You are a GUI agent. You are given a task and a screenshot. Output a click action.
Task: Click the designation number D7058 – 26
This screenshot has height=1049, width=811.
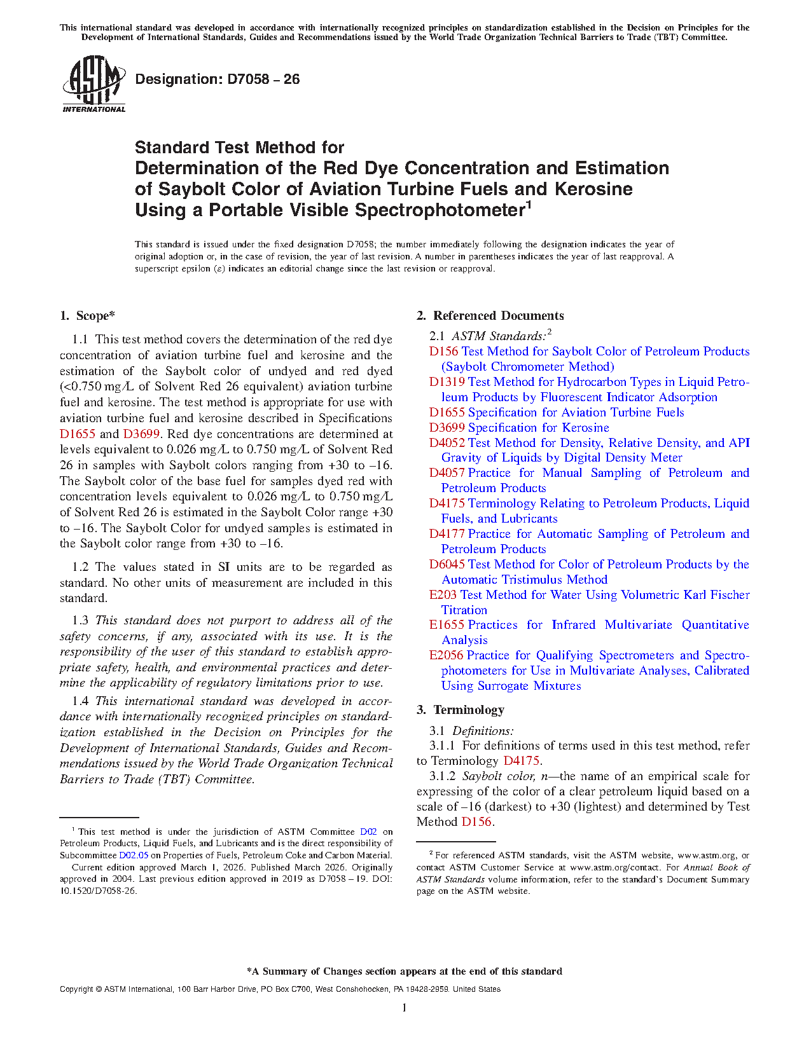[x=217, y=79]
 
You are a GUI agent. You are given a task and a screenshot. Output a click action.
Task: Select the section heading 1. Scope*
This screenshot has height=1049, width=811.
[x=88, y=316]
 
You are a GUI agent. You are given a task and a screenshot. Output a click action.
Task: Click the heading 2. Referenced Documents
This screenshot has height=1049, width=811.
[x=490, y=316]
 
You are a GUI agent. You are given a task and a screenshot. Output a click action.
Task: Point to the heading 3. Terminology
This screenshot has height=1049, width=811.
[x=461, y=710]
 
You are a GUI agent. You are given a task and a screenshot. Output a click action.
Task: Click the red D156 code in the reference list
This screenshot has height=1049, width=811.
[x=443, y=352]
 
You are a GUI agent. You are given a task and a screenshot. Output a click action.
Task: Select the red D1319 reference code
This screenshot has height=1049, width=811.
[x=447, y=382]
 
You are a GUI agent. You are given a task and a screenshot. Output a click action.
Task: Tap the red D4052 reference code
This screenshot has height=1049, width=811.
[x=447, y=443]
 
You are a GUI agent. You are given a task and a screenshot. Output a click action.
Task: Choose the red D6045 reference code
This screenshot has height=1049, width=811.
[x=447, y=565]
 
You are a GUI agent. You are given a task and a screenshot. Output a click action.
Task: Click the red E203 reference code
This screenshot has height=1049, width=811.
[x=443, y=595]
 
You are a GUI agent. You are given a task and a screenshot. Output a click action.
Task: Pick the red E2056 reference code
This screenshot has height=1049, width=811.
[x=446, y=655]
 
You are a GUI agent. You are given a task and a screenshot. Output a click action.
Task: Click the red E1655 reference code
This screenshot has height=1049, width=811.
[x=447, y=625]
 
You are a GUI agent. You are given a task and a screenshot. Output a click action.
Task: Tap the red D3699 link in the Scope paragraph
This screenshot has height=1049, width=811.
[x=141, y=434]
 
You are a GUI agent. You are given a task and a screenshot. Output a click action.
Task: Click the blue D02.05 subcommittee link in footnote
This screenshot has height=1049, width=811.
[x=134, y=855]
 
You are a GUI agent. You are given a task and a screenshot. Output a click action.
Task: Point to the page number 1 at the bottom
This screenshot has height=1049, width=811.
[x=405, y=1008]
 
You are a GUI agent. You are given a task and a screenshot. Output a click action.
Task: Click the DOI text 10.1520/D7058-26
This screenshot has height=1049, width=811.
[x=98, y=891]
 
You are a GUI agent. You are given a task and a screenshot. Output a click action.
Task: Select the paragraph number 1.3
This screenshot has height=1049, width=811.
[x=80, y=620]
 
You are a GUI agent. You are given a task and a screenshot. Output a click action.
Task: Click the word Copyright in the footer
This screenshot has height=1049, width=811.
[x=76, y=989]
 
